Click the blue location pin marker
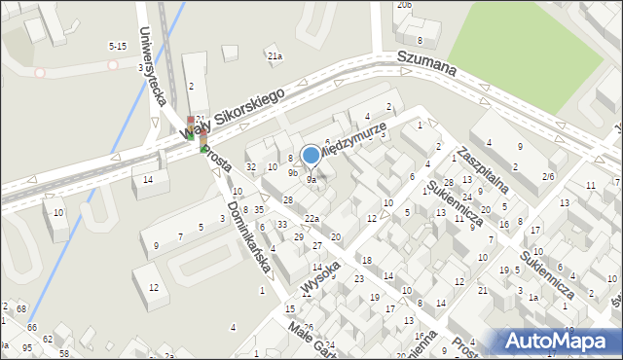(311, 156)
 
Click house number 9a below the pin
(311, 180)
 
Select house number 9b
(293, 173)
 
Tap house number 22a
(311, 218)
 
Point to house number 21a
(275, 56)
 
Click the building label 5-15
(117, 46)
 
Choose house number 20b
(404, 5)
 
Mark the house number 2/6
(549, 177)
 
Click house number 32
(250, 167)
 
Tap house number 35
(259, 210)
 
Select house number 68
(21, 308)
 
